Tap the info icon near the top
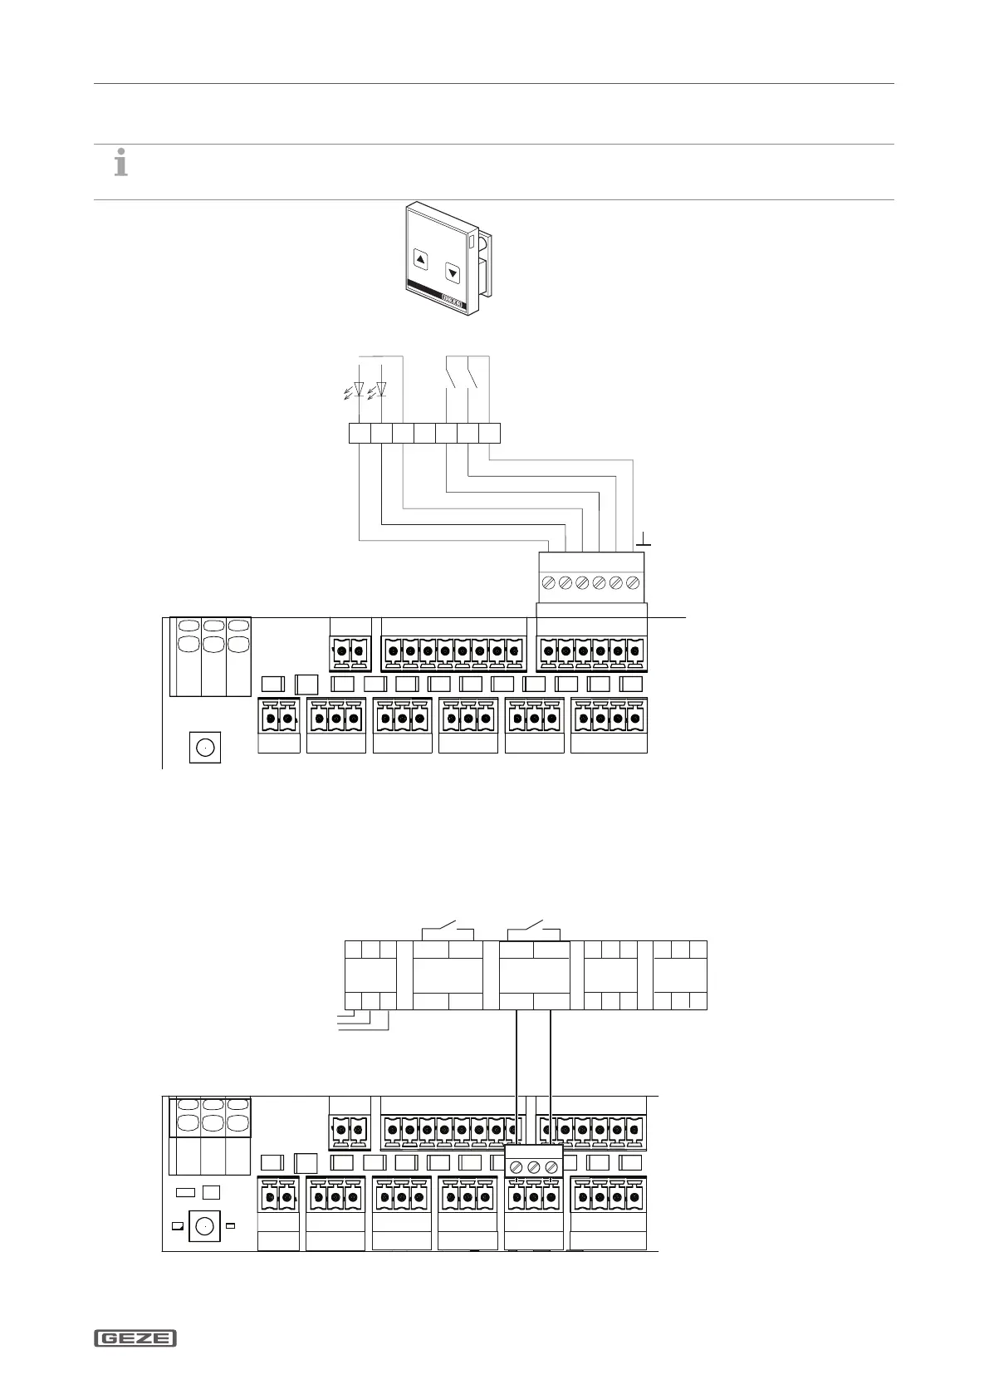point(121,162)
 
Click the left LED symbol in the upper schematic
point(359,389)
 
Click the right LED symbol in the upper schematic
point(381,389)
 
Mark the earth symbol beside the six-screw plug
point(643,542)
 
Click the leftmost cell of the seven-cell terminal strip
point(359,433)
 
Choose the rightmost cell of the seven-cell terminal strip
point(490,433)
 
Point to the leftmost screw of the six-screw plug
point(548,583)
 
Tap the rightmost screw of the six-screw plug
point(634,583)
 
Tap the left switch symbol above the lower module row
point(448,925)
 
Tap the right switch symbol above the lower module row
point(535,925)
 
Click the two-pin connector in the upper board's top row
point(350,652)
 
